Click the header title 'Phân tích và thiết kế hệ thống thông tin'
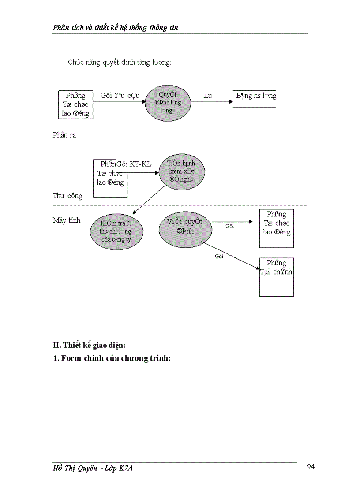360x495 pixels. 115,28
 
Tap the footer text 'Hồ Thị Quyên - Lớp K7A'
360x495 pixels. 93,469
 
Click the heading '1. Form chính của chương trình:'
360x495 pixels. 112,358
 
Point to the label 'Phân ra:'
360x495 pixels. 65,135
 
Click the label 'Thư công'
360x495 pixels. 67,196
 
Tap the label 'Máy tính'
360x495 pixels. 67,220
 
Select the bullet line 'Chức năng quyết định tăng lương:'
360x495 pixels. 119,63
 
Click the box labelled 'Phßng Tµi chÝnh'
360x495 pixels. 276,277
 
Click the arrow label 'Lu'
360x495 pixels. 207,96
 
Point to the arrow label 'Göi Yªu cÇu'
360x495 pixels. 120,96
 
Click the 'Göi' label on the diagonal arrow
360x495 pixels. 219,256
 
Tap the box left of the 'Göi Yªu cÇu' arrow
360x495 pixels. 75,104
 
